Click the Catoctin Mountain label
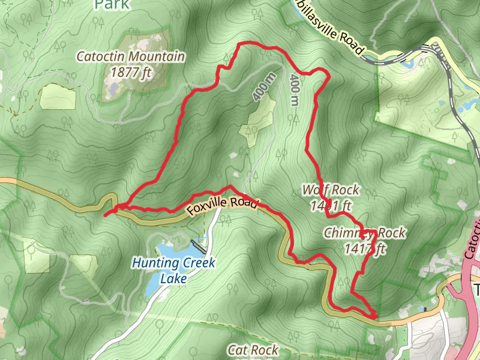pyautogui.click(x=130, y=58)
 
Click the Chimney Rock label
pyautogui.click(x=365, y=233)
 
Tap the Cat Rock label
pyautogui.click(x=253, y=349)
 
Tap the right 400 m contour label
pyautogui.click(x=295, y=90)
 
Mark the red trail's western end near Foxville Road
pyautogui.click(x=106, y=214)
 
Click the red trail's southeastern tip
pyautogui.click(x=375, y=316)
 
